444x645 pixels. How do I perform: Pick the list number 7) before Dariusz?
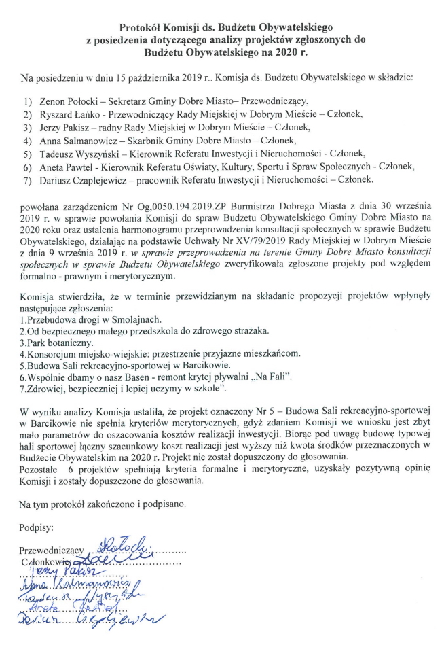26,181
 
